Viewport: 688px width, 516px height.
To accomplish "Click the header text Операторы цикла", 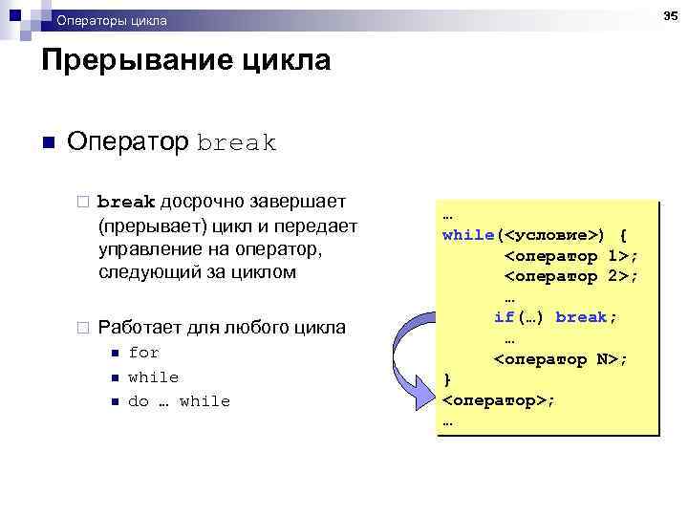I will point(111,20).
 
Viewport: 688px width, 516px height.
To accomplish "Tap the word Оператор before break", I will point(128,143).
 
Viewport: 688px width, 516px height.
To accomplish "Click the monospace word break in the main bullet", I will point(236,144).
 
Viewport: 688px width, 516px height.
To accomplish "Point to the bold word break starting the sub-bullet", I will point(126,203).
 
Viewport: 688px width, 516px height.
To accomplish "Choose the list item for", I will point(143,353).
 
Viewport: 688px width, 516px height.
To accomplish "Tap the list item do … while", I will point(179,401).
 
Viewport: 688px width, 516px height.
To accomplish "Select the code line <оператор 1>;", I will point(571,256).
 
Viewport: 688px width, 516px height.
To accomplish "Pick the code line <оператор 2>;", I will point(571,276).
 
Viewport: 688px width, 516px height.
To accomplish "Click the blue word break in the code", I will point(585,317).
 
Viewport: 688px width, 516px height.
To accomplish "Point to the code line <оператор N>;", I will point(561,359).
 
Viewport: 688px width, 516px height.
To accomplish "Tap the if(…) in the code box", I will point(520,317).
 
